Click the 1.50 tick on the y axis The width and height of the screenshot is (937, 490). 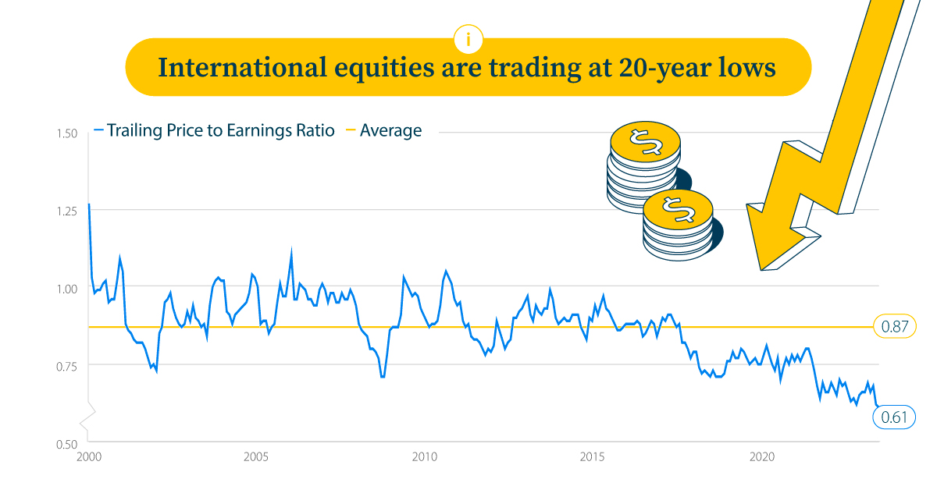pos(66,133)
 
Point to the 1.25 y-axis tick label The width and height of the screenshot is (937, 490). pos(66,211)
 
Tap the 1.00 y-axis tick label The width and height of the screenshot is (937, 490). pos(66,288)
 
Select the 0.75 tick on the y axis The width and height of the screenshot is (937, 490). pos(66,365)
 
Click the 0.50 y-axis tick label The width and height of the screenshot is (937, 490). pos(66,443)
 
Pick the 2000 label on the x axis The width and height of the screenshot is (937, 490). pos(88,457)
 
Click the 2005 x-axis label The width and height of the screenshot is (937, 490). pos(257,457)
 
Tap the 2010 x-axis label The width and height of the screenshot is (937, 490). pos(424,457)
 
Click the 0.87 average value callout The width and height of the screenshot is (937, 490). pos(893,328)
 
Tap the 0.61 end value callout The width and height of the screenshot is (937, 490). pos(893,417)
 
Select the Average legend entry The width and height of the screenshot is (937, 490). pos(390,130)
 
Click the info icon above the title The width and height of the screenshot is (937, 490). pos(468,38)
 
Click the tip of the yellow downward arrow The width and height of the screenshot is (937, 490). pos(762,269)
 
